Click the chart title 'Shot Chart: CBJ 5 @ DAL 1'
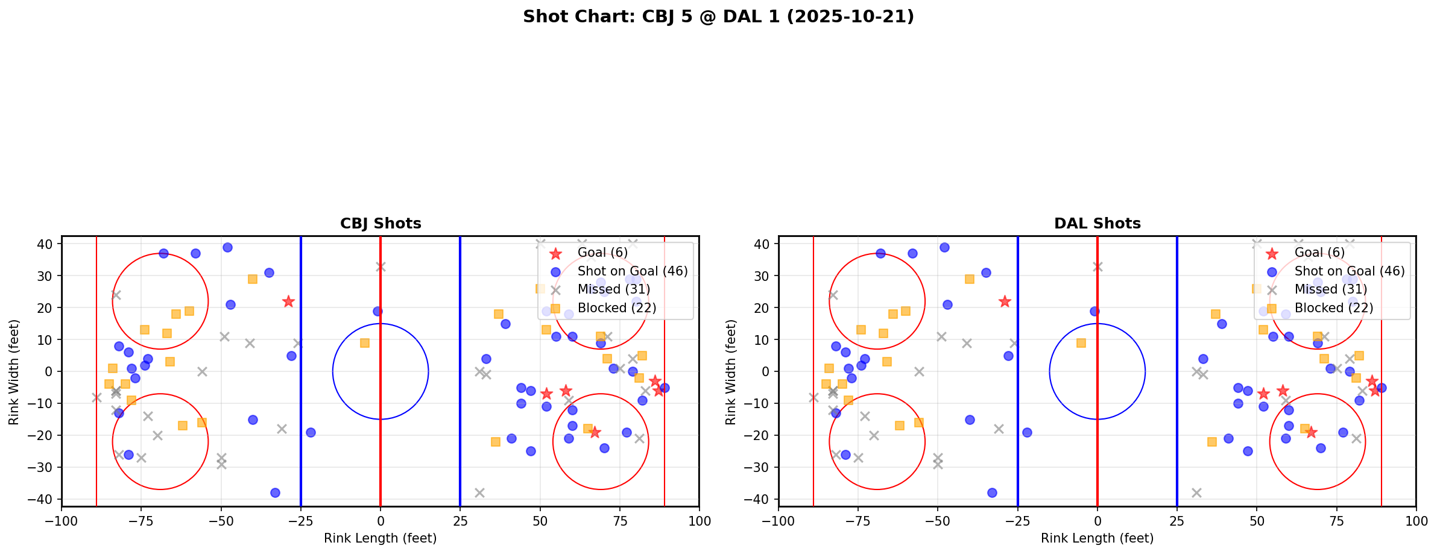click(718, 17)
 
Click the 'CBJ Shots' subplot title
click(381, 224)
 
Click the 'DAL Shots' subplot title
click(1097, 224)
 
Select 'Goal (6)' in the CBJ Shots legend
click(602, 253)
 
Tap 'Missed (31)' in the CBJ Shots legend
click(613, 289)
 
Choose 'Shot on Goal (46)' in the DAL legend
click(1350, 271)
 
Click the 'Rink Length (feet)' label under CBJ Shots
click(381, 538)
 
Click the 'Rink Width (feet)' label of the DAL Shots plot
click(731, 372)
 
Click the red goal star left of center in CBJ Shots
click(288, 301)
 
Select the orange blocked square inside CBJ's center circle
click(365, 343)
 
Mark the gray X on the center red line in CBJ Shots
click(381, 266)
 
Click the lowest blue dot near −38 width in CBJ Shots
click(275, 493)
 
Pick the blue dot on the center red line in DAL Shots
click(1094, 311)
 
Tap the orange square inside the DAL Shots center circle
click(1081, 343)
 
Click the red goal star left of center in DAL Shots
click(1005, 301)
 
